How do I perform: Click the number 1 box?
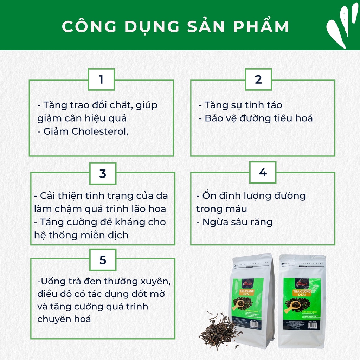pyautogui.click(x=101, y=79)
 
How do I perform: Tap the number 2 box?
pyautogui.click(x=258, y=79)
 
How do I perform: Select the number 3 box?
pyautogui.click(x=103, y=173)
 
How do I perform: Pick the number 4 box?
pyautogui.click(x=263, y=172)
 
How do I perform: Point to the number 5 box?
pyautogui.click(x=103, y=260)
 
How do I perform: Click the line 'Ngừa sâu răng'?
pyautogui.click(x=234, y=222)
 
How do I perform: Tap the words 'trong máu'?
pyautogui.click(x=221, y=209)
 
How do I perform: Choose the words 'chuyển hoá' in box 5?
pyautogui.click(x=64, y=319)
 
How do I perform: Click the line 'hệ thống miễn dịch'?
pyautogui.click(x=81, y=235)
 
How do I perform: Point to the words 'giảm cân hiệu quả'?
pyautogui.click(x=82, y=118)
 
